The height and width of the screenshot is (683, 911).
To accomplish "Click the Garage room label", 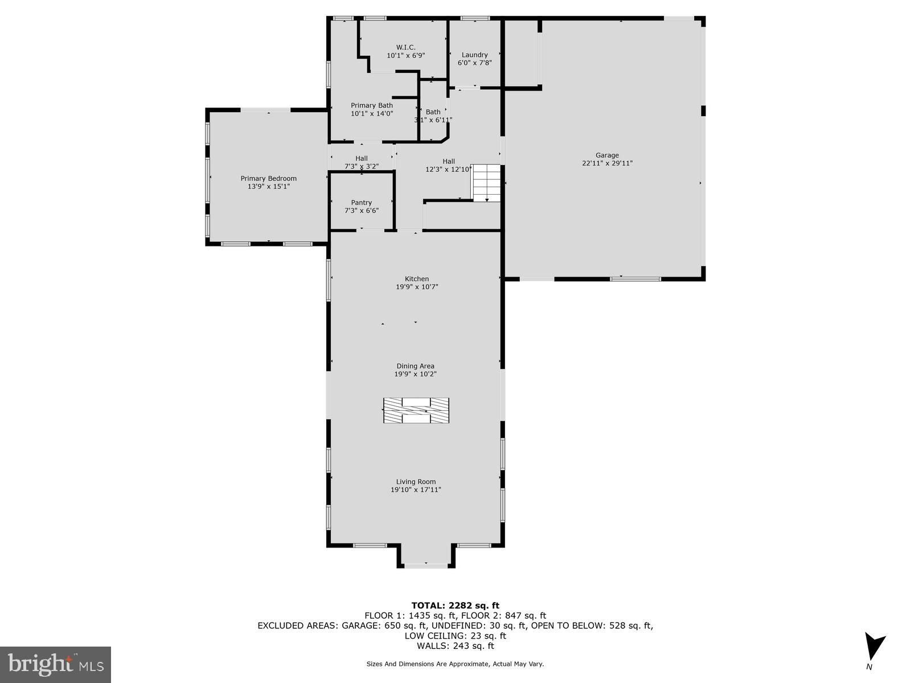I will point(607,155).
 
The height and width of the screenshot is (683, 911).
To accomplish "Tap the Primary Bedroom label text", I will point(268,178).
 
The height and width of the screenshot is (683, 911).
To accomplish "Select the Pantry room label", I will point(361,203).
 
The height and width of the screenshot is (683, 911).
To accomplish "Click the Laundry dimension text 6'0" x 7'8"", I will point(474,63).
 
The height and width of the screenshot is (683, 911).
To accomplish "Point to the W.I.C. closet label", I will point(405,47).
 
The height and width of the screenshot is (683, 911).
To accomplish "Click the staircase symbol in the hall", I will point(486,182).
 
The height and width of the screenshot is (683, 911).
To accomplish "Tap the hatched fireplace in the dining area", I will point(416,410).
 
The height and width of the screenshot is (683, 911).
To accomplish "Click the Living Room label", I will point(416,482).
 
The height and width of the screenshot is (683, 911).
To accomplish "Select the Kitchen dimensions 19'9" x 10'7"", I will point(417,287).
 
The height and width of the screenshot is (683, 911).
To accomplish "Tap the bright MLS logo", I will point(55,664).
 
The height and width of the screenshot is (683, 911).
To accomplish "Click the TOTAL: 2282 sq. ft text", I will point(455,606).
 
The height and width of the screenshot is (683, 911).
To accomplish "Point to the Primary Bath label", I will point(371,105).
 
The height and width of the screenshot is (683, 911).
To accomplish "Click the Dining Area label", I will point(415,366).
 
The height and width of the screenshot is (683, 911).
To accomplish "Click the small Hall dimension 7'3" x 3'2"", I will point(362,166).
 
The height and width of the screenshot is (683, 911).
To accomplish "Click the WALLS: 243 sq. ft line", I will point(455,646).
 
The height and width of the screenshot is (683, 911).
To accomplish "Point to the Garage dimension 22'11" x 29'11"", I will point(607,163).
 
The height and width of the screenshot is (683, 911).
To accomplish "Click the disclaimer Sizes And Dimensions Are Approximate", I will point(455,664).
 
